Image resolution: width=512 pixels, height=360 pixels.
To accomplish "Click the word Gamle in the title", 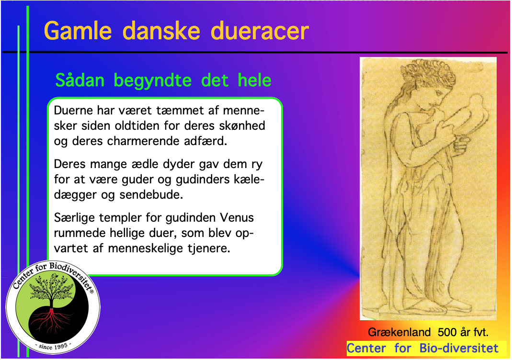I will (78, 31).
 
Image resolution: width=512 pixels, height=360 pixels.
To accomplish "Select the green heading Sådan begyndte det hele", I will (163, 80).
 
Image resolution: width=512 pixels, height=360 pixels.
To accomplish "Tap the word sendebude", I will (160, 195).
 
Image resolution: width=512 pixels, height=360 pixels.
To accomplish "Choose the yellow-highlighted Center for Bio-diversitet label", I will (423, 348).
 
